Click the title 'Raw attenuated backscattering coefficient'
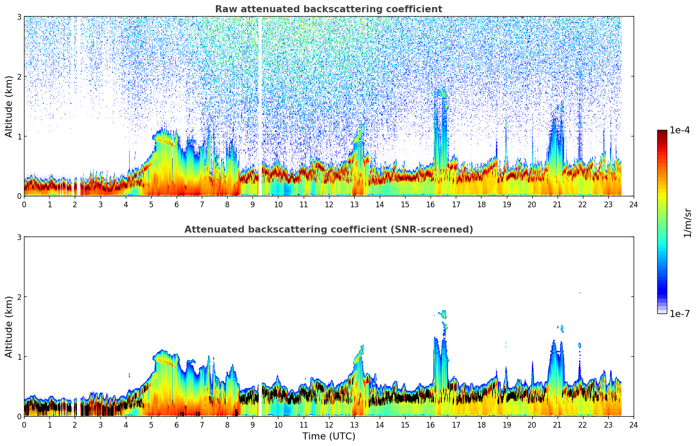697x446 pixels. [x=328, y=9]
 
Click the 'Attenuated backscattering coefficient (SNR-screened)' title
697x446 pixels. [x=328, y=230]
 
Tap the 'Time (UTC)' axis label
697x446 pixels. [x=329, y=436]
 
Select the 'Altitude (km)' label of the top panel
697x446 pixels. [x=9, y=106]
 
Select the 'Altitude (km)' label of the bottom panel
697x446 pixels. [x=9, y=327]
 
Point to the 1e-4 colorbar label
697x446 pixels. [x=680, y=130]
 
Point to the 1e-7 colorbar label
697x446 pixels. [x=680, y=314]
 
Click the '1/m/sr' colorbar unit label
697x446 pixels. [x=687, y=223]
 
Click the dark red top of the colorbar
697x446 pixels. [x=662, y=132]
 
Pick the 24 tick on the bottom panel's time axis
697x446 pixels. [x=633, y=425]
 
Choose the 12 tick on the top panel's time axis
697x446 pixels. [x=329, y=204]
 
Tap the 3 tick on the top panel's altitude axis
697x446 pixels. [x=19, y=17]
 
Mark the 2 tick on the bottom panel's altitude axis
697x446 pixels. [x=19, y=297]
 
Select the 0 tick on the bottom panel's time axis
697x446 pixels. [x=24, y=425]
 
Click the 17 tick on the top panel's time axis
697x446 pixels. [x=456, y=204]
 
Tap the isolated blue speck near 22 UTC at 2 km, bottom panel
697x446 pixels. [x=580, y=293]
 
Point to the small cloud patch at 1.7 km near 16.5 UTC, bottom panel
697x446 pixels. [x=444, y=314]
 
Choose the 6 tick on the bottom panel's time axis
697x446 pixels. [x=177, y=425]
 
